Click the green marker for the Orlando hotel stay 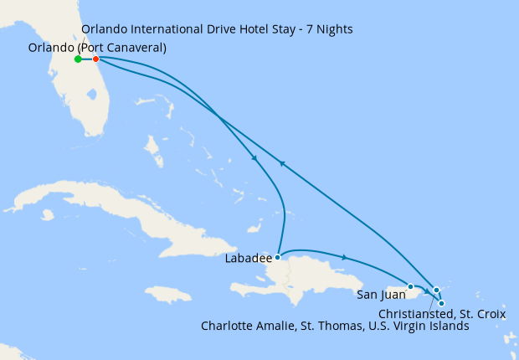78,59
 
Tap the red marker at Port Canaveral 95,59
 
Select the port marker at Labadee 277,258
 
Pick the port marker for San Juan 410,287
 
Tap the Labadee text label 249,259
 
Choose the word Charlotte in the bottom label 228,327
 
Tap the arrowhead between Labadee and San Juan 344,257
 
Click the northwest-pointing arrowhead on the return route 282,164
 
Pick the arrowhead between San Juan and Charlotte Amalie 426,291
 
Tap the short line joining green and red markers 87,59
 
